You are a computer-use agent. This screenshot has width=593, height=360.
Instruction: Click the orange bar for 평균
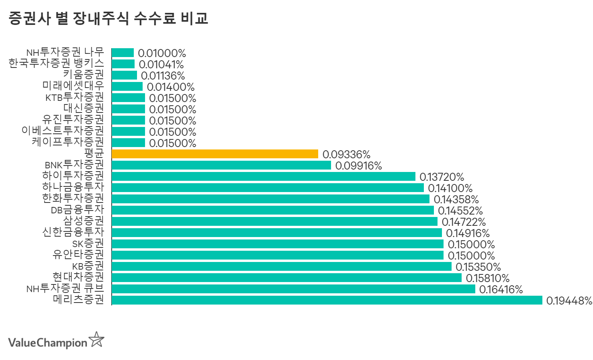215,154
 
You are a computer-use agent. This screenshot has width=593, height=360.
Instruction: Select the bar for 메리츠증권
327,300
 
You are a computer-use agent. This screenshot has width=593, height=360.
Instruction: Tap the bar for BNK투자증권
221,165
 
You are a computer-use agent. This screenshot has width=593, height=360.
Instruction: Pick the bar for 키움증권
124,75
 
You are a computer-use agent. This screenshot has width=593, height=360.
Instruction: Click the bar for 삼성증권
274,221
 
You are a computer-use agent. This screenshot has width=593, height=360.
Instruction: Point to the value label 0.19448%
569,301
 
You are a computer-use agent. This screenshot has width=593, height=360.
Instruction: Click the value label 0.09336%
346,154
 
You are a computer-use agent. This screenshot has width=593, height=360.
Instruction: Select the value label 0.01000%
162,53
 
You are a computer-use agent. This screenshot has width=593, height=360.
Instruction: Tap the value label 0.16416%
501,289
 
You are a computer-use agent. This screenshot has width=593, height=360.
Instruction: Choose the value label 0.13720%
442,177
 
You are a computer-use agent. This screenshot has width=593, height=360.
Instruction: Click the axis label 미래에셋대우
73,86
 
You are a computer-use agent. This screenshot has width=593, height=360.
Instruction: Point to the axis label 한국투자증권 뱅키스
56,63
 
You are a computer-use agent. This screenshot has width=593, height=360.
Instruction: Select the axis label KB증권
88,266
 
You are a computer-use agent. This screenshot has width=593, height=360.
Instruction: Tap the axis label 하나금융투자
73,187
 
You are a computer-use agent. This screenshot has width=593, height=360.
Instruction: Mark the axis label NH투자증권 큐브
65,288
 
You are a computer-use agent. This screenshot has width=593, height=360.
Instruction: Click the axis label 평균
94,153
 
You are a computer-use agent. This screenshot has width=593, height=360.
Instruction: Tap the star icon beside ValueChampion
96,340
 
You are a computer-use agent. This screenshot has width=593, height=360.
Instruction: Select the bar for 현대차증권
286,278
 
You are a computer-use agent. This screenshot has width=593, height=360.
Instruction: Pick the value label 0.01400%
170,87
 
